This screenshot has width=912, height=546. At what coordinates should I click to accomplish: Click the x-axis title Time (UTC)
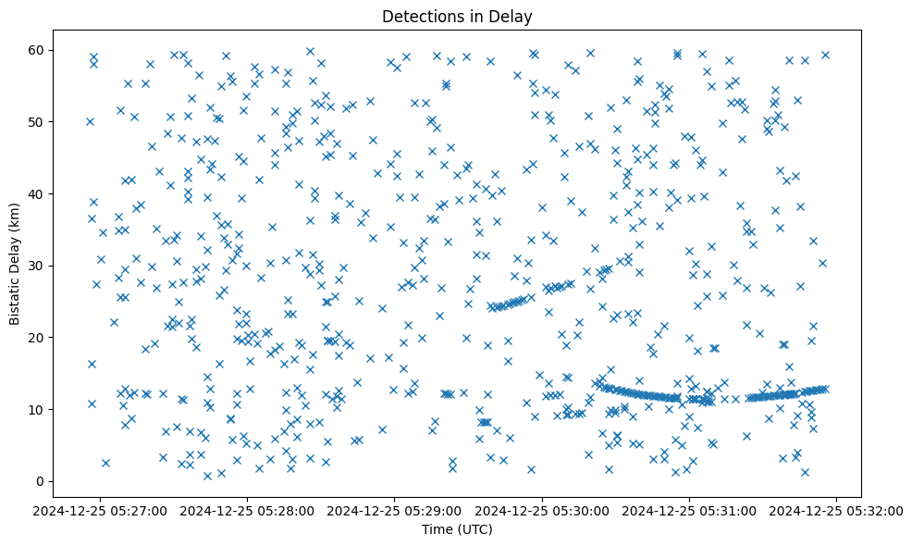coord(457,529)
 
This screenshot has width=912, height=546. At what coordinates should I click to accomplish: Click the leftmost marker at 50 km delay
coord(90,121)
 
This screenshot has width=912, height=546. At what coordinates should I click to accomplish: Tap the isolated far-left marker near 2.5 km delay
coord(105,463)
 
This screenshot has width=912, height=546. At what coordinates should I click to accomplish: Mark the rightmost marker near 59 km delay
coord(825,55)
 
